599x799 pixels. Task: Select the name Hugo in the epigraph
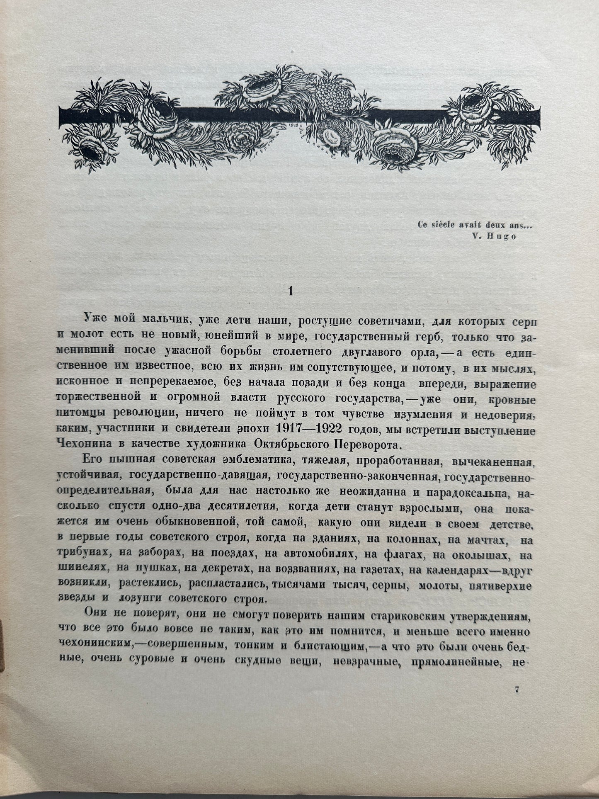tap(504, 237)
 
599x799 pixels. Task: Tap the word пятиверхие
tap(500, 588)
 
